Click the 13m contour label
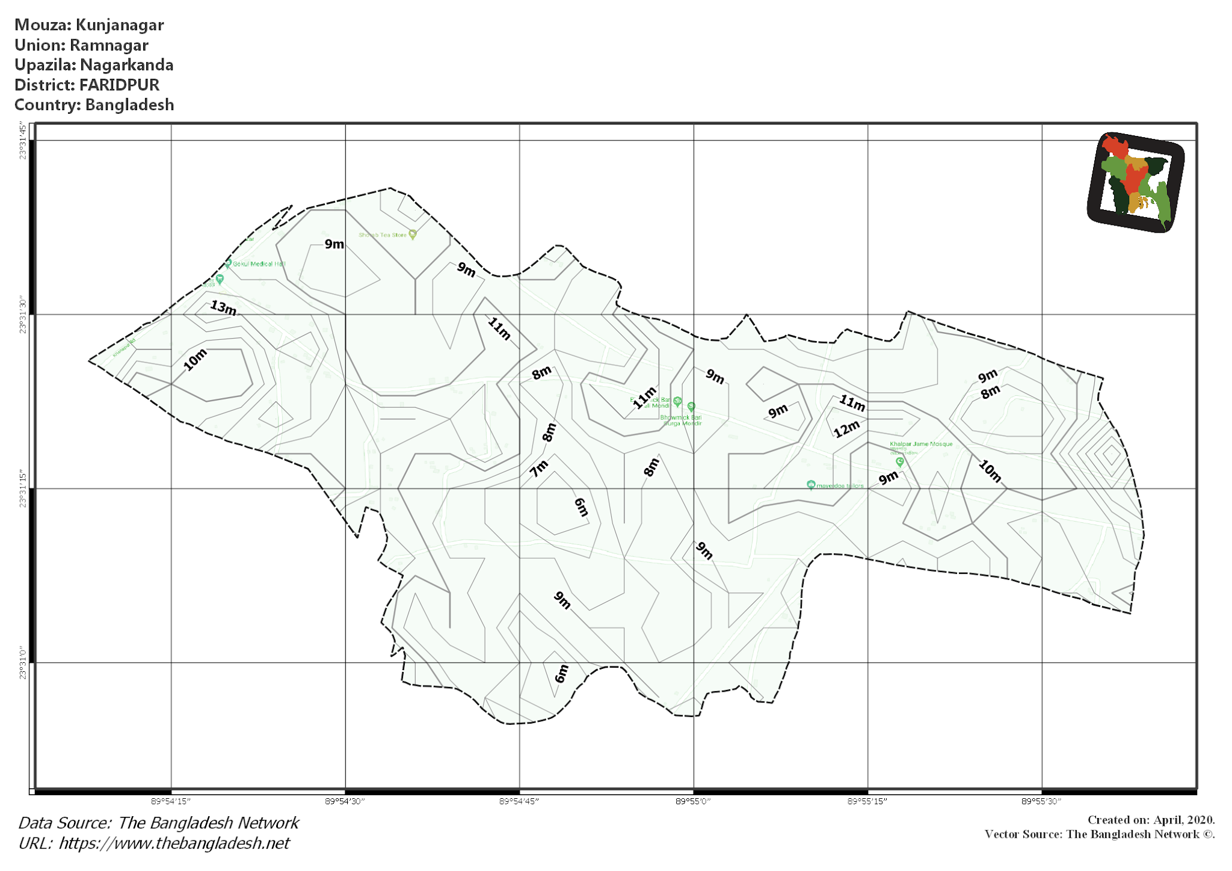coord(223,307)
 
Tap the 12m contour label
coord(846,429)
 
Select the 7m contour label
coord(539,467)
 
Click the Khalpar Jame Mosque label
coord(921,444)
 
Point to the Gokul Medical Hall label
coord(259,263)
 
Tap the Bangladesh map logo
coord(1136,182)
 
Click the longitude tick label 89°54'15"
coord(171,801)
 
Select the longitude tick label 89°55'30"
coord(1041,801)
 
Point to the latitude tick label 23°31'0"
coord(23,663)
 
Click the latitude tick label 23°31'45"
coord(23,141)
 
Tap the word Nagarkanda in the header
coord(127,65)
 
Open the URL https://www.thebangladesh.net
coord(174,843)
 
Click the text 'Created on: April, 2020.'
coord(1151,820)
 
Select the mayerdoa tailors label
coord(839,485)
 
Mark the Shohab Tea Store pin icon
coord(413,234)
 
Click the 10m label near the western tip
coord(195,360)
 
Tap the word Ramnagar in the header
coord(109,45)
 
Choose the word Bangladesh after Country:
coord(129,105)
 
